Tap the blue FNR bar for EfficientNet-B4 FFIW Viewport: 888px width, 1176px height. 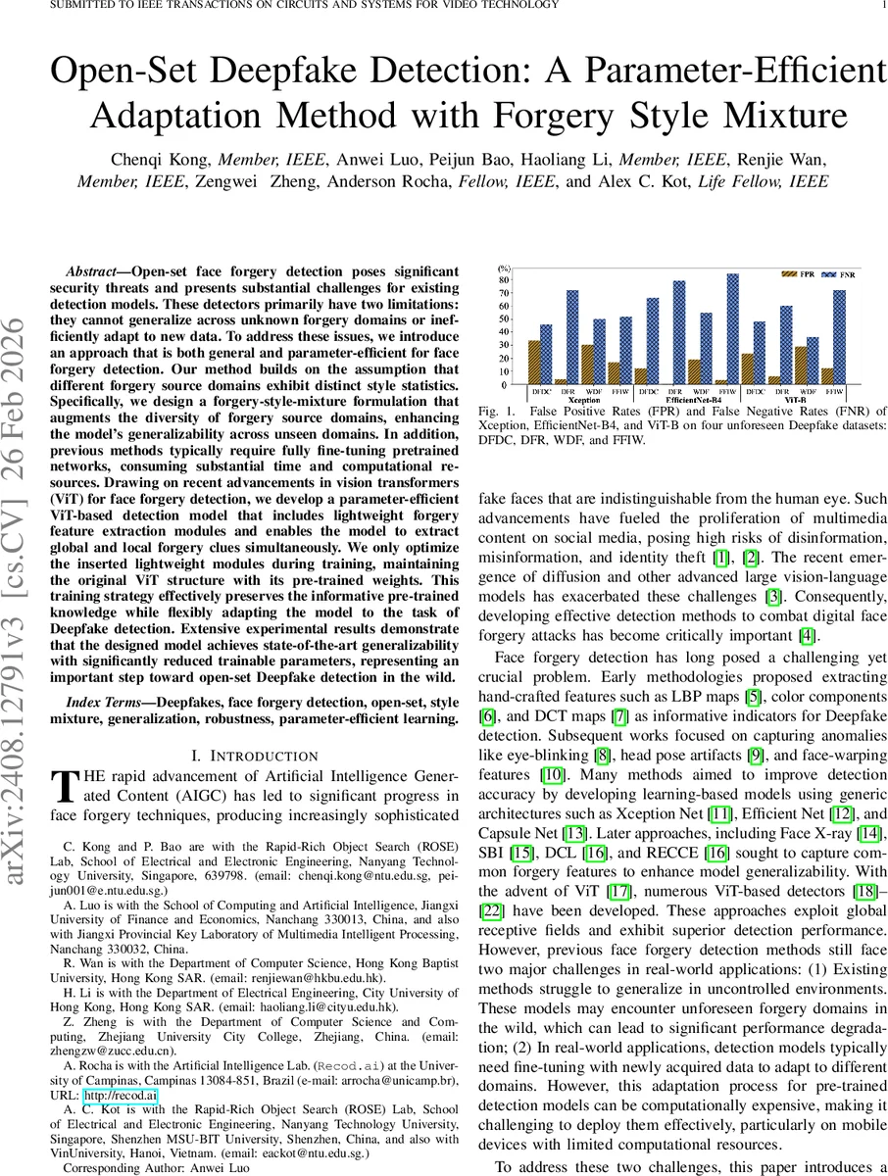click(x=732, y=329)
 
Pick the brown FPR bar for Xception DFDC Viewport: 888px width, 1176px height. click(x=533, y=363)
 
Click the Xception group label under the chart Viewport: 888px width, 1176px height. click(x=555, y=401)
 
